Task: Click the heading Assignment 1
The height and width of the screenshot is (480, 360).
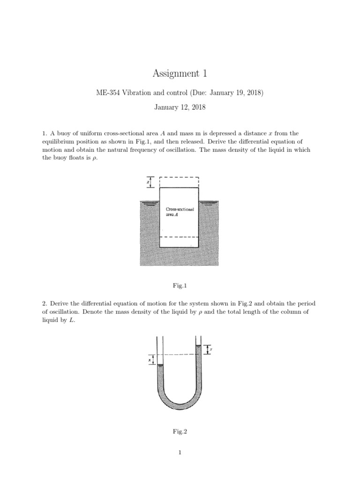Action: (180, 73)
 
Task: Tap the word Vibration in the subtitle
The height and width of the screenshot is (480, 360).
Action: (138, 93)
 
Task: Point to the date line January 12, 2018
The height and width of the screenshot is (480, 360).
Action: (180, 107)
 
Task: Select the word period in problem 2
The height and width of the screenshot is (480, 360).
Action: (308, 303)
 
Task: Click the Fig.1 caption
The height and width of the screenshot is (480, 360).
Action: (180, 285)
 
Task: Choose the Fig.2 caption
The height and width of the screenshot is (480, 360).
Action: (180, 432)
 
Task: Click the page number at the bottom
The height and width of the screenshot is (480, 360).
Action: (180, 452)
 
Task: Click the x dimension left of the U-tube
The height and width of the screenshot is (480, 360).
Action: (150, 359)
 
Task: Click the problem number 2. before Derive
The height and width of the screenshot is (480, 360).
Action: (44, 303)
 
